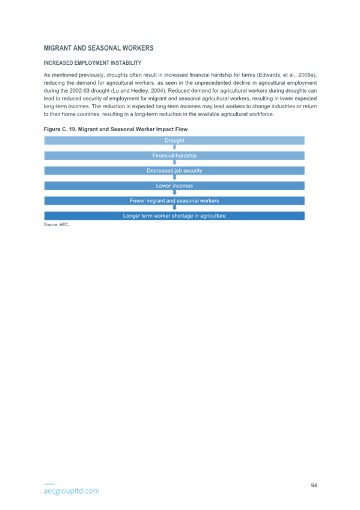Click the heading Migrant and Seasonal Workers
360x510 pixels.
point(99,48)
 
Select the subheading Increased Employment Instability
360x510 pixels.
point(93,63)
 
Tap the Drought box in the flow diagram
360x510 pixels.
point(174,141)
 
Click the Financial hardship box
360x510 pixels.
point(174,156)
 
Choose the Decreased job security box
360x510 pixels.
point(174,170)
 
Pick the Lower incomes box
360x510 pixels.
point(174,186)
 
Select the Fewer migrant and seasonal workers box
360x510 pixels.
point(174,201)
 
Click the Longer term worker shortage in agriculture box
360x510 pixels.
point(174,216)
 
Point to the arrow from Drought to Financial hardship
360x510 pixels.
point(174,147)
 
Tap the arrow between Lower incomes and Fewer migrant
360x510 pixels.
point(174,192)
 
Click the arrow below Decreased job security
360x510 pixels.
point(174,177)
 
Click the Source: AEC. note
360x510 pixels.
point(56,224)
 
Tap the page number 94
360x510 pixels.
point(314,485)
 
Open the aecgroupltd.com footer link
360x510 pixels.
point(72,491)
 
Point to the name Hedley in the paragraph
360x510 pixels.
point(139,91)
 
